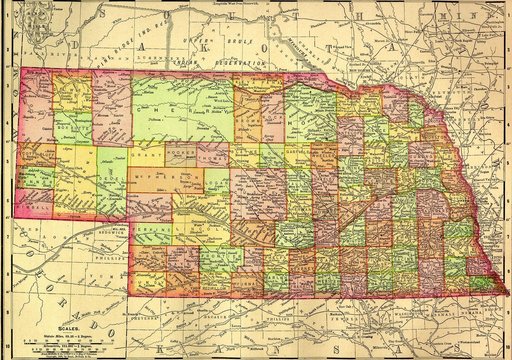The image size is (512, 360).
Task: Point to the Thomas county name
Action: coord(213,158)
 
